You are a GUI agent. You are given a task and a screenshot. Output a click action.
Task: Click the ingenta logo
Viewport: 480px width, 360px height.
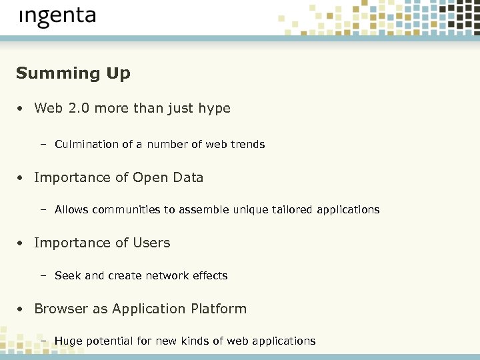(57, 17)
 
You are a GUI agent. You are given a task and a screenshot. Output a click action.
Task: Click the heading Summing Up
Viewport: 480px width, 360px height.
(73, 73)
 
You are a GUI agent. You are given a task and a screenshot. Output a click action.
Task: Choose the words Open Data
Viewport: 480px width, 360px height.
(168, 178)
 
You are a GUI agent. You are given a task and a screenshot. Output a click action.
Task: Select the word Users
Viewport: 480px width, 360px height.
(152, 243)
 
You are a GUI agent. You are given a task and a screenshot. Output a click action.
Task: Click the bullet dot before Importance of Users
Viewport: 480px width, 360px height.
(21, 244)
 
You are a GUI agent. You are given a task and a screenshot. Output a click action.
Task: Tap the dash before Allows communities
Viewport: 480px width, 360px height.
(43, 210)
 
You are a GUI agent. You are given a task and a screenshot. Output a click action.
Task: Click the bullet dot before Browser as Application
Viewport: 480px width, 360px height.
(21, 310)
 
